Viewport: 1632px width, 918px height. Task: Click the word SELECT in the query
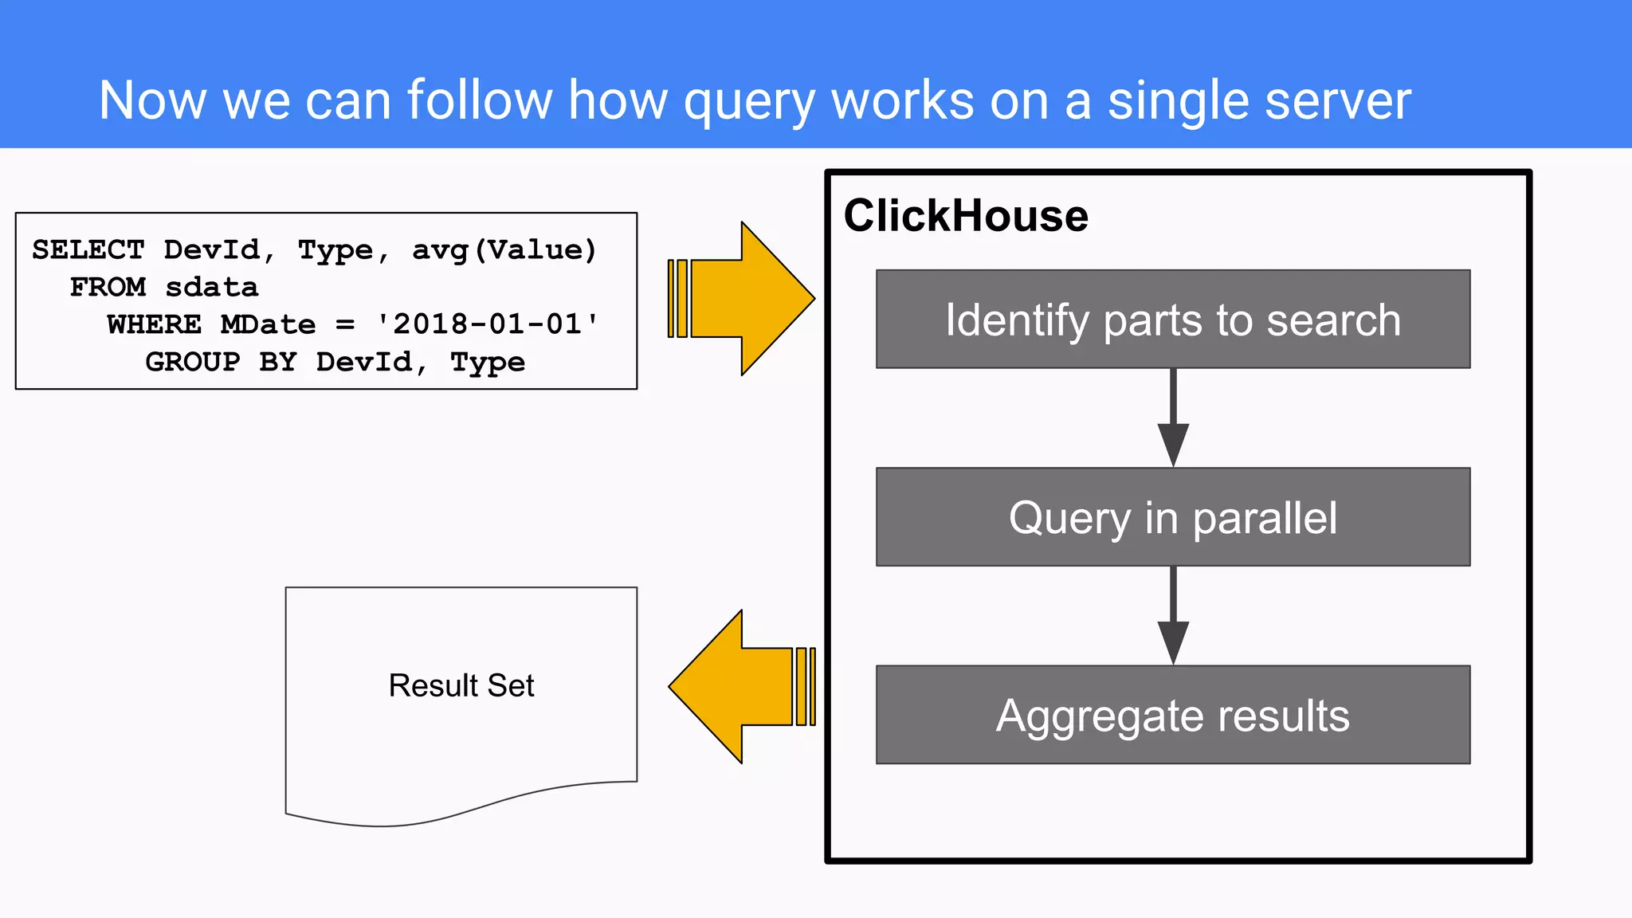click(88, 250)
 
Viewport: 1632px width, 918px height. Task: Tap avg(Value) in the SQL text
click(504, 250)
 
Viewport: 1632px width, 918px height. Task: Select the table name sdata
click(212, 287)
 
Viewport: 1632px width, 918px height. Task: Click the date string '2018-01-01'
click(488, 324)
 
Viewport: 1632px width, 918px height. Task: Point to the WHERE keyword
click(155, 324)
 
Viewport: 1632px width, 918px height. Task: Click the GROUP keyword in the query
click(193, 362)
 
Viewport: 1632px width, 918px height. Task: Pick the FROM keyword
click(108, 287)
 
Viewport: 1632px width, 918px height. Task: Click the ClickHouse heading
click(966, 216)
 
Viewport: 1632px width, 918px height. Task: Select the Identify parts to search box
click(1173, 320)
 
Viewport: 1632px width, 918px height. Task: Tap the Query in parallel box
click(1173, 517)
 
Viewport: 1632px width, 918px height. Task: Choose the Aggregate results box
click(1173, 715)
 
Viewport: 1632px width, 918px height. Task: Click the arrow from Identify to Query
click(1173, 418)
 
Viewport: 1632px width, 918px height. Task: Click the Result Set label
click(461, 685)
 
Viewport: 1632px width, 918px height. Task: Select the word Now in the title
click(152, 101)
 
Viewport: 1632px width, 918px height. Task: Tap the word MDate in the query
click(269, 324)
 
